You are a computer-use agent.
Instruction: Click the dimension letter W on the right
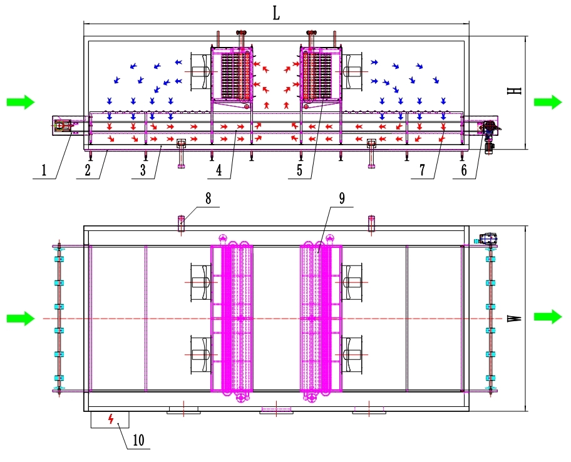[515, 318]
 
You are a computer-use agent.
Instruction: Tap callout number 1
[44, 168]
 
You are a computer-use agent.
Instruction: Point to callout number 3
[144, 169]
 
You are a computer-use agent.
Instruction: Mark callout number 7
[423, 169]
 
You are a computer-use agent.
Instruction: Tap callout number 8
[208, 198]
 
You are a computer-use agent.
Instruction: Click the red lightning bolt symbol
[111, 419]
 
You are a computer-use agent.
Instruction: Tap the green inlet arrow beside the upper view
[20, 102]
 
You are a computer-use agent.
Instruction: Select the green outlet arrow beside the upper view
[547, 102]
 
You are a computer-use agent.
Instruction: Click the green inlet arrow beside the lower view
[20, 319]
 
